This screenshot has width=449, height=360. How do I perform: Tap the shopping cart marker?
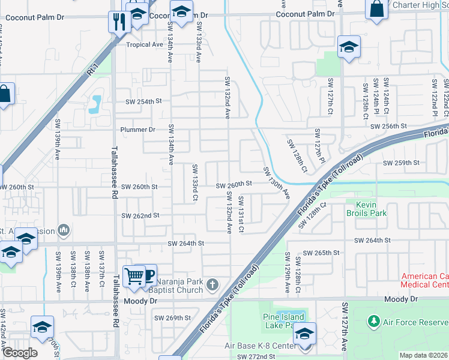click(133, 277)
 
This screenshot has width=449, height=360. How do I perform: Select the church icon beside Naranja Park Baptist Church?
click(212, 284)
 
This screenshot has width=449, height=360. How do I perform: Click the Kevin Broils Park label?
click(366, 208)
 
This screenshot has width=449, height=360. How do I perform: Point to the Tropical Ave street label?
click(145, 45)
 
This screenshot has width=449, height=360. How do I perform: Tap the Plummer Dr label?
click(137, 129)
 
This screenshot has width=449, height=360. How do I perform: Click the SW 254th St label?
click(143, 101)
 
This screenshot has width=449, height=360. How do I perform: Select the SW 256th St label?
click(388, 127)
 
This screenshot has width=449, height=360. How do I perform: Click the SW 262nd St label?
click(140, 215)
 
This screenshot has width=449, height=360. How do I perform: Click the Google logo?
click(20, 352)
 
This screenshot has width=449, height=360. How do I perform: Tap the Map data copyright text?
click(423, 355)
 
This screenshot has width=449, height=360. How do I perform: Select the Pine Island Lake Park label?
click(283, 321)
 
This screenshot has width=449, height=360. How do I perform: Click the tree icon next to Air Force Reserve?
click(373, 322)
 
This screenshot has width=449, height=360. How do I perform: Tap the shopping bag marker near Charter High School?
click(377, 10)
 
